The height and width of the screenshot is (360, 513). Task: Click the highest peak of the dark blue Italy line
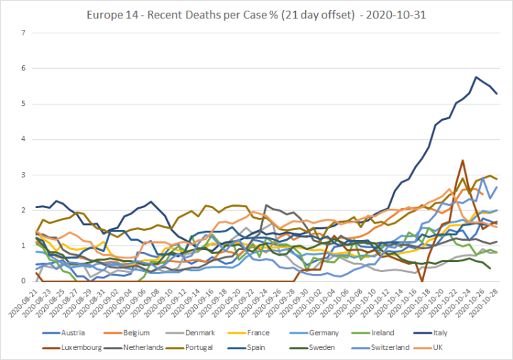[x=475, y=77]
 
